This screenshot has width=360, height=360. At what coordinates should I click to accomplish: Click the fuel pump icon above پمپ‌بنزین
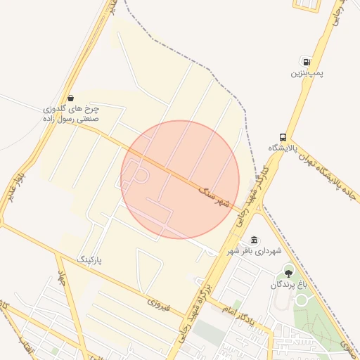click(304, 61)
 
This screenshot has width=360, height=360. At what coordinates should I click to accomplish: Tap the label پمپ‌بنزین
click(307, 73)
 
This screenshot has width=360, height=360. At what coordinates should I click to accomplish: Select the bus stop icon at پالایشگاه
click(283, 136)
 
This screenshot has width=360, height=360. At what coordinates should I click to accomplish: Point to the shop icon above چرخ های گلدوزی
click(70, 98)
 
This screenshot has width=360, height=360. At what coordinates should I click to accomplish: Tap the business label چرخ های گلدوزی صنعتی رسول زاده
click(71, 115)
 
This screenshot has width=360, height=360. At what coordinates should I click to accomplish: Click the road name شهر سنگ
click(215, 196)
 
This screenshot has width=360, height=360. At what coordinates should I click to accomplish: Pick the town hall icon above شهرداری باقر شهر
click(254, 240)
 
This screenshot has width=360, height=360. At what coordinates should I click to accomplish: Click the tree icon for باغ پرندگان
click(288, 273)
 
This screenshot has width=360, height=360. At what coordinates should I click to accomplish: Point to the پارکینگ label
click(89, 260)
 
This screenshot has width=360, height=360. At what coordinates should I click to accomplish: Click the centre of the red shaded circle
click(180, 179)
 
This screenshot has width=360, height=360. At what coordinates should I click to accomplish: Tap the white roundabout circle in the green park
click(302, 300)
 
